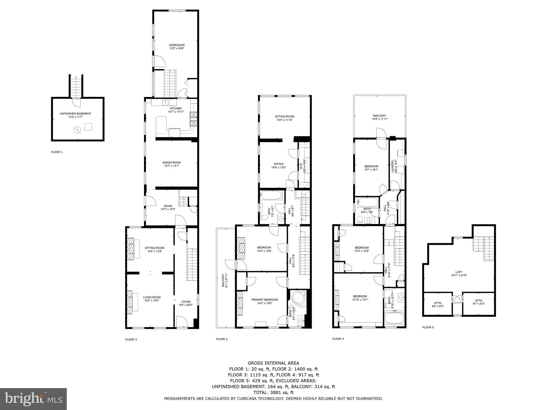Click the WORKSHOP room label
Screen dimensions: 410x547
[x=177, y=45]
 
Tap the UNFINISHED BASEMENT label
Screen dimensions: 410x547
[x=75, y=113]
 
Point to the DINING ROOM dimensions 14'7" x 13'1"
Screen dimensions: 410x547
[x=171, y=166]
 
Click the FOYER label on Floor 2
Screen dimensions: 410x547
[x=186, y=302]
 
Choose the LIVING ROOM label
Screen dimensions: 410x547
[x=151, y=297]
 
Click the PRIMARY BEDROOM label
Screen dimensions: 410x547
[x=264, y=299]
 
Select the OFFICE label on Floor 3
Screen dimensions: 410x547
[x=279, y=164]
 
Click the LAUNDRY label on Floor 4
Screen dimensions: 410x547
[x=393, y=166]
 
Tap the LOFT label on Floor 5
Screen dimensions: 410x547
[x=459, y=272]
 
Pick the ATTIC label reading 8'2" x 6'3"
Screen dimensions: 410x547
[x=437, y=303]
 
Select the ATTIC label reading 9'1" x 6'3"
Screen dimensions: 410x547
[x=479, y=301]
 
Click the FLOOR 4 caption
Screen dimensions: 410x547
[x=338, y=339]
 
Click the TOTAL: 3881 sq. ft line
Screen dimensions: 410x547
[x=273, y=392]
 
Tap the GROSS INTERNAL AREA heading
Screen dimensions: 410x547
[x=273, y=363]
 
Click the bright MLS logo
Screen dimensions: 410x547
[x=33, y=399]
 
